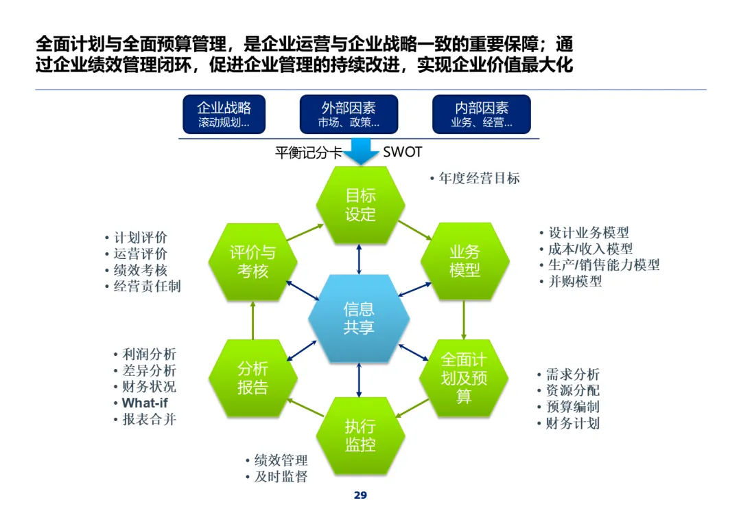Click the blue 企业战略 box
[224, 114]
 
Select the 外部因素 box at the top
[349, 114]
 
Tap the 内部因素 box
[482, 114]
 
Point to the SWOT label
[402, 152]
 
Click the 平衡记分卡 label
[308, 153]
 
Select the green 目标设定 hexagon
[360, 205]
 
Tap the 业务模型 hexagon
[464, 261]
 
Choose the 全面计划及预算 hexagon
[464, 378]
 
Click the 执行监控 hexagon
[360, 436]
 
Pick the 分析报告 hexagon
[252, 378]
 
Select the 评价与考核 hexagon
[252, 262]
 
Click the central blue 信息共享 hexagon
[359, 319]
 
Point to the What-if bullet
[144, 403]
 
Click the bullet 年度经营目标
[479, 179]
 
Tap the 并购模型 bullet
[575, 281]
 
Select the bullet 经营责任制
[147, 286]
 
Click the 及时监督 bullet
[281, 476]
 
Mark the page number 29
[360, 495]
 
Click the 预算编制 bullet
[572, 407]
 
